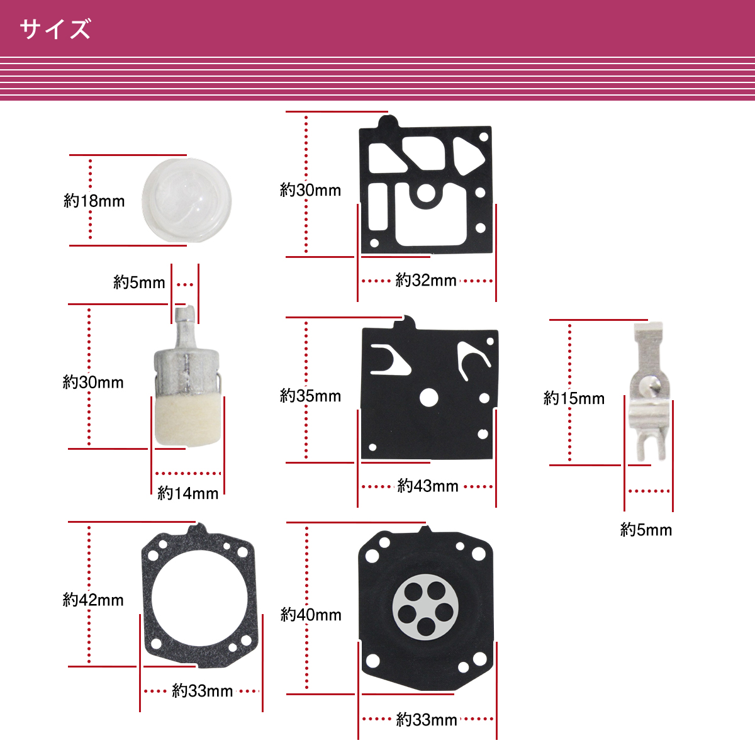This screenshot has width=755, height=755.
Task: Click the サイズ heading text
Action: click(x=55, y=29)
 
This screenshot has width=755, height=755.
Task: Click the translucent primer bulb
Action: click(x=186, y=200)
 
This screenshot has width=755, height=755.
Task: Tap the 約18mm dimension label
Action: click(x=94, y=201)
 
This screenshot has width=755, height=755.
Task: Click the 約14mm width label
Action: click(x=187, y=493)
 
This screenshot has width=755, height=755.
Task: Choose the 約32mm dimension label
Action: click(x=426, y=281)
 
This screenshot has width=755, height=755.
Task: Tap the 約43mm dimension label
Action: click(x=428, y=486)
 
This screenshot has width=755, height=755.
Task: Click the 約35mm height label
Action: click(x=310, y=396)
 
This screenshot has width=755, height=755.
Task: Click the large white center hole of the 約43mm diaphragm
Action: click(x=428, y=398)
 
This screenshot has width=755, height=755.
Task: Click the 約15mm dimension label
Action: click(x=574, y=398)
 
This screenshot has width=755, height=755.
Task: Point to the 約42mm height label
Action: click(x=93, y=600)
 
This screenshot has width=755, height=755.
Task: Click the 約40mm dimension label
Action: click(x=311, y=615)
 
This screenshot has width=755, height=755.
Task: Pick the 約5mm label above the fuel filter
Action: click(x=139, y=282)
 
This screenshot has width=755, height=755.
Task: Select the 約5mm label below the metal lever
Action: click(x=646, y=530)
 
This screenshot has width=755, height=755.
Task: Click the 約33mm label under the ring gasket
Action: click(x=202, y=691)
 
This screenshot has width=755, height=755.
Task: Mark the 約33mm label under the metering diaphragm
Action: click(x=427, y=720)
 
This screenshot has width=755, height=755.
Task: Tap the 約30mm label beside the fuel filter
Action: click(x=93, y=383)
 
